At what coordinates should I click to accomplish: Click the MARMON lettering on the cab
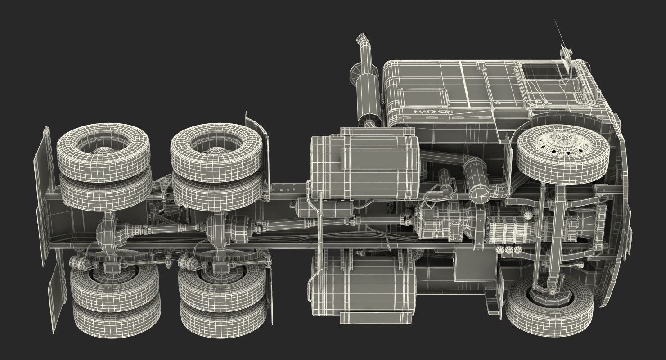coord(433,112)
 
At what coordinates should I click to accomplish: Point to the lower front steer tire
coord(549,304)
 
